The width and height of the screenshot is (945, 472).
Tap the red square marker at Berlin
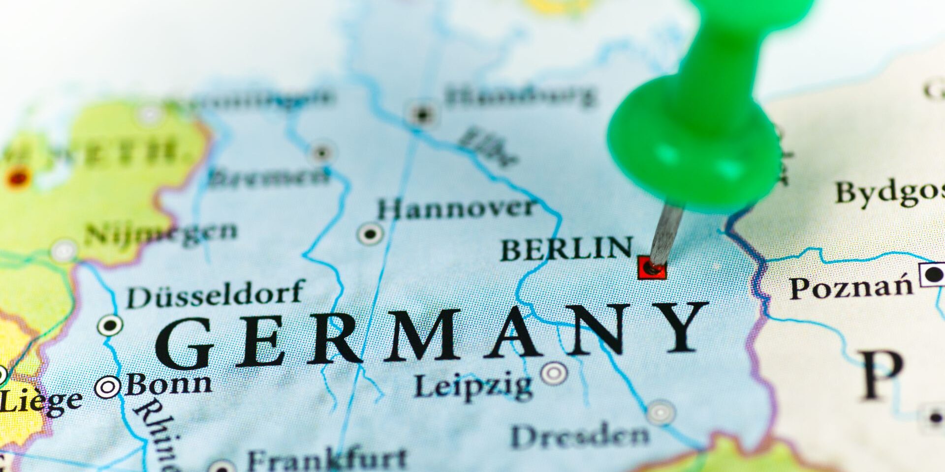pyautogui.click(x=652, y=268)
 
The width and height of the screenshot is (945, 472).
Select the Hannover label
pyautogui.click(x=455, y=209)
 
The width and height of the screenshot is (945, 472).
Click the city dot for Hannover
pyautogui.click(x=370, y=233)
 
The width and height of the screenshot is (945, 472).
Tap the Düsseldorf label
pyautogui.click(x=215, y=294)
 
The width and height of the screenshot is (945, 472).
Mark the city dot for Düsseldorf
pyautogui.click(x=110, y=325)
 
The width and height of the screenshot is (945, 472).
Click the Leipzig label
pyautogui.click(x=472, y=386)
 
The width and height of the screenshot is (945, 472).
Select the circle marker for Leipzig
pyautogui.click(x=554, y=373)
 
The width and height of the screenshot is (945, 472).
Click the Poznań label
pyautogui.click(x=850, y=287)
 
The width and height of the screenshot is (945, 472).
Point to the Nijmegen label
pyautogui.click(x=160, y=233)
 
